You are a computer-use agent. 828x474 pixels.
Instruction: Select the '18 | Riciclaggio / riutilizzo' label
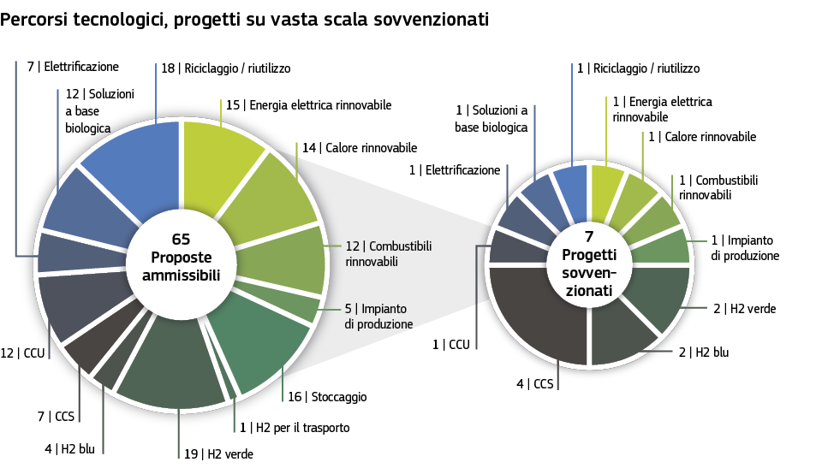(x=226, y=68)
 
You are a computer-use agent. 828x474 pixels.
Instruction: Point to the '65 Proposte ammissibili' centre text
(x=182, y=257)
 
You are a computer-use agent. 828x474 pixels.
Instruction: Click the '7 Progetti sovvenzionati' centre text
(x=589, y=264)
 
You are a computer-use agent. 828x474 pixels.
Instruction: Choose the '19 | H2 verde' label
(x=218, y=454)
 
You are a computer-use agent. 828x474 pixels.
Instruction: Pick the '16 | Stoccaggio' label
(x=327, y=397)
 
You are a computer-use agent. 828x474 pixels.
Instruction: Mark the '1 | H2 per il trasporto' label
(x=295, y=428)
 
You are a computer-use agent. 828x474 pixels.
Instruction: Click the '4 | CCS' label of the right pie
(x=535, y=384)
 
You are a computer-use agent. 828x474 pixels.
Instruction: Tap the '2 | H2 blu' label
(x=704, y=352)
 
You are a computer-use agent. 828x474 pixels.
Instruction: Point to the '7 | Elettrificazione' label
(x=73, y=67)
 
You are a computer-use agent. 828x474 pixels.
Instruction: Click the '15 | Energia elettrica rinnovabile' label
(x=309, y=105)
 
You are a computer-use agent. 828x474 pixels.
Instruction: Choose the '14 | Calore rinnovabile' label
(x=360, y=148)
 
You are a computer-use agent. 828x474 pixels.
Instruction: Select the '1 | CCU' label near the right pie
(x=451, y=345)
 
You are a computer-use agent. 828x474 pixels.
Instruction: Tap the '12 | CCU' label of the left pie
(x=23, y=353)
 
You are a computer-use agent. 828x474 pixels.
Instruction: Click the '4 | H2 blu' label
(x=69, y=448)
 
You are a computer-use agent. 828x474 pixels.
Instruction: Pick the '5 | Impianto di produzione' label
(x=378, y=317)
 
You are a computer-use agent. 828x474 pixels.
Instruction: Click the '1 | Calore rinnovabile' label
(x=702, y=137)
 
